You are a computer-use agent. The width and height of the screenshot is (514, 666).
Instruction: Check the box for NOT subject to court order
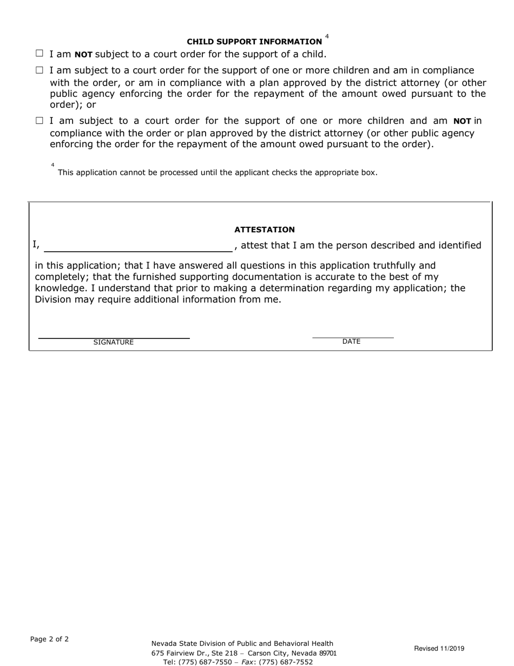39,54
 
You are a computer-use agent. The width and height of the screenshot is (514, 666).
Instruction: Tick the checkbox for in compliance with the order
39,70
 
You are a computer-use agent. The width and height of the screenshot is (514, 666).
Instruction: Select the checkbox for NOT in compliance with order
39,121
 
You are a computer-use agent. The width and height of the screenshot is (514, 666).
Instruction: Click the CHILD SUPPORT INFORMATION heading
254,42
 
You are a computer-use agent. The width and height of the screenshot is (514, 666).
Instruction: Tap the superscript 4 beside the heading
327,37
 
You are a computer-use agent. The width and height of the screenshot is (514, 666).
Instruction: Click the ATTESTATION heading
265,230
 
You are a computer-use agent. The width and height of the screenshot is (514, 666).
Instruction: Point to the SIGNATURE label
114,342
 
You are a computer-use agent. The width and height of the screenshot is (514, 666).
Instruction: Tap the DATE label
351,342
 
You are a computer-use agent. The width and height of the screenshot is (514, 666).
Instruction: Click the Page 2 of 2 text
49,639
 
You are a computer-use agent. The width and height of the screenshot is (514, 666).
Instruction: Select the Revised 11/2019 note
439,648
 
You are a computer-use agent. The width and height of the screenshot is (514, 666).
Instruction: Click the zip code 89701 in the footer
328,653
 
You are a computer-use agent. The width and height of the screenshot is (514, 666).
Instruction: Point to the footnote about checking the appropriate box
218,173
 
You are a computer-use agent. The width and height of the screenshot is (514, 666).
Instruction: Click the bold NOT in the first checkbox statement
83,54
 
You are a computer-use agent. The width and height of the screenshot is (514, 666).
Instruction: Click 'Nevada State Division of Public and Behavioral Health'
242,643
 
